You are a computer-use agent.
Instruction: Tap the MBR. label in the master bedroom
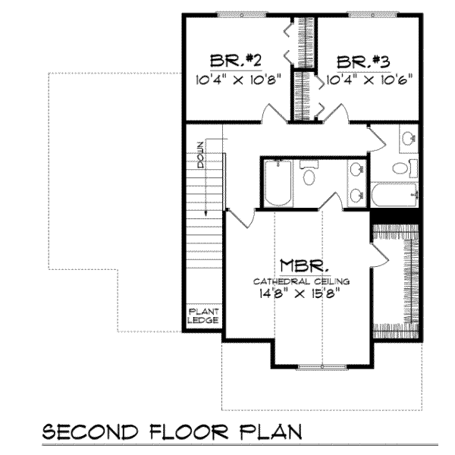point(303,265)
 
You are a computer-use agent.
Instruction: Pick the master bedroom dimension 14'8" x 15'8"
point(303,293)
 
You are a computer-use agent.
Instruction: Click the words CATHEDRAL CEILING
point(303,281)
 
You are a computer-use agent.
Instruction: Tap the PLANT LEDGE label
point(203,315)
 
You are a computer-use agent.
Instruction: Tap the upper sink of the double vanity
point(356,171)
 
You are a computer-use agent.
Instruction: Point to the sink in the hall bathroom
point(407,139)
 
